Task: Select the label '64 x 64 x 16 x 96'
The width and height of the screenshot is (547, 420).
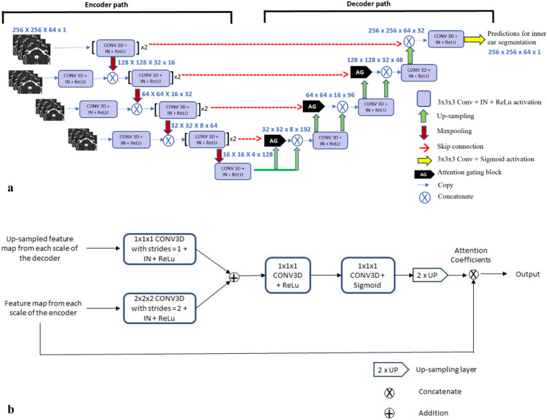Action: (x=332, y=93)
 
